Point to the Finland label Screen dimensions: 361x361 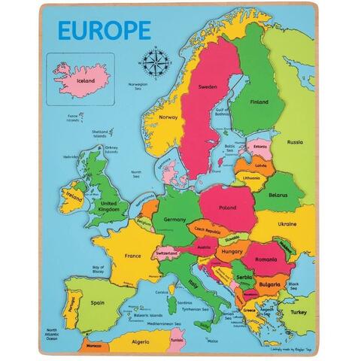point(259,102)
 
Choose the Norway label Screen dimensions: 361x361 point(167,117)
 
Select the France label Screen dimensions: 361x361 point(132,256)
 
